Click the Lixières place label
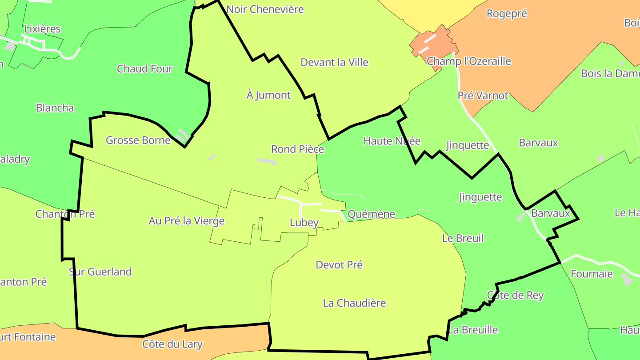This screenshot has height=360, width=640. [42, 29]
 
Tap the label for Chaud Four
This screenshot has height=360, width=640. [144, 69]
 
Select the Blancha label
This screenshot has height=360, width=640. [55, 108]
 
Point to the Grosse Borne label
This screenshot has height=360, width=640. [138, 140]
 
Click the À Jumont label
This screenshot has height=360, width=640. [268, 95]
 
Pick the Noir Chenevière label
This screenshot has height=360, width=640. [265, 9]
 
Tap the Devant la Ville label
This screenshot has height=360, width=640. [334, 62]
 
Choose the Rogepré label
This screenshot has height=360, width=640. [507, 13]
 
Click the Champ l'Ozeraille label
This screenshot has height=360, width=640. [469, 61]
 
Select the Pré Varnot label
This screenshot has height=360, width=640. [483, 96]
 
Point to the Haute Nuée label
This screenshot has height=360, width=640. [392, 141]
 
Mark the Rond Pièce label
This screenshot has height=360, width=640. [297, 149]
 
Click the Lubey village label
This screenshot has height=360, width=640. [304, 223]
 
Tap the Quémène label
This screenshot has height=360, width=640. [371, 214]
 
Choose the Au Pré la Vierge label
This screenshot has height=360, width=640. [186, 221]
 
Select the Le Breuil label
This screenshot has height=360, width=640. [463, 238]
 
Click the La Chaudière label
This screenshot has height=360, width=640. [354, 303]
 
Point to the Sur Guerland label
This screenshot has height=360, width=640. [100, 272]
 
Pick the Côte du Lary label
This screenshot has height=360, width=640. [172, 344]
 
